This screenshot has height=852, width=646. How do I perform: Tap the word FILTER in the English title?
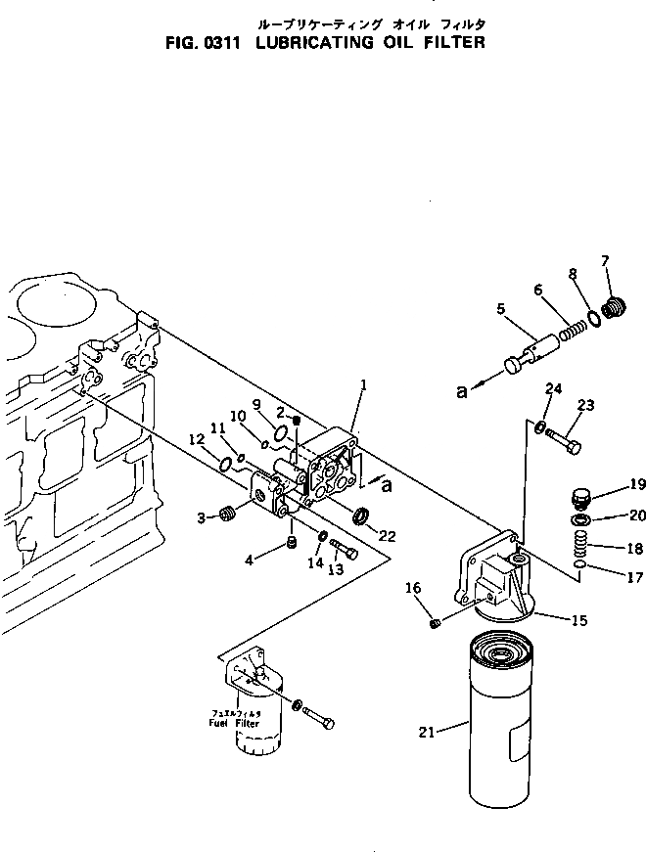[x=447, y=43]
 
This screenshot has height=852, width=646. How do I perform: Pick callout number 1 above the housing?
[x=363, y=386]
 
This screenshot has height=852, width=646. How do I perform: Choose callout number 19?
[x=611, y=483]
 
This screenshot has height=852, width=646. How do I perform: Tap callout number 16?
[x=413, y=588]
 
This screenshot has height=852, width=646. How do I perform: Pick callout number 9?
[x=257, y=404]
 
